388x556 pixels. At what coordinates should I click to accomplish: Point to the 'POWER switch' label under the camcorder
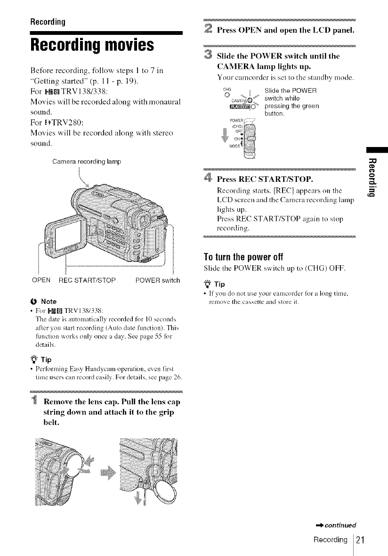coord(157,280)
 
